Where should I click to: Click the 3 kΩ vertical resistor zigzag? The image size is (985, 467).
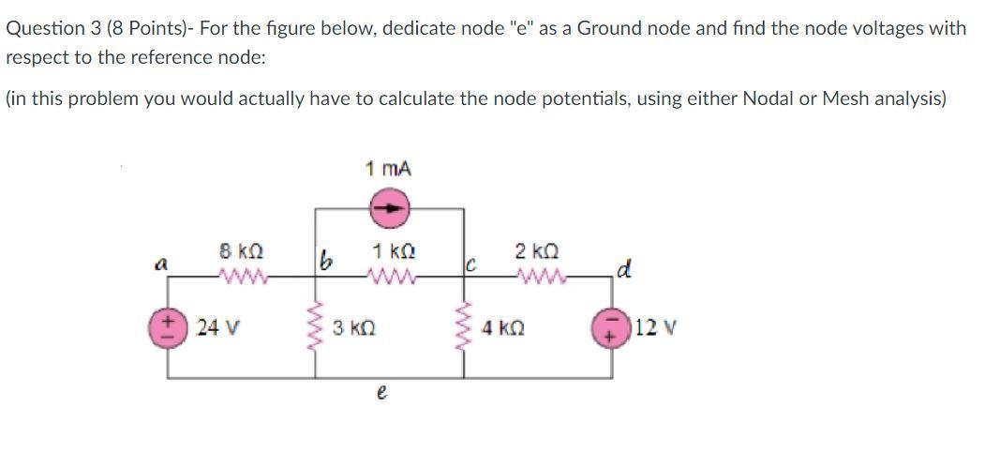pos(315,329)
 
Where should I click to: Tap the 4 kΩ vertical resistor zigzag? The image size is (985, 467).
pos(466,329)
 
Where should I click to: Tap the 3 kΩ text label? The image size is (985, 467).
pos(354,330)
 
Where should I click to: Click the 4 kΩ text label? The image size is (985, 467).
pos(505,330)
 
